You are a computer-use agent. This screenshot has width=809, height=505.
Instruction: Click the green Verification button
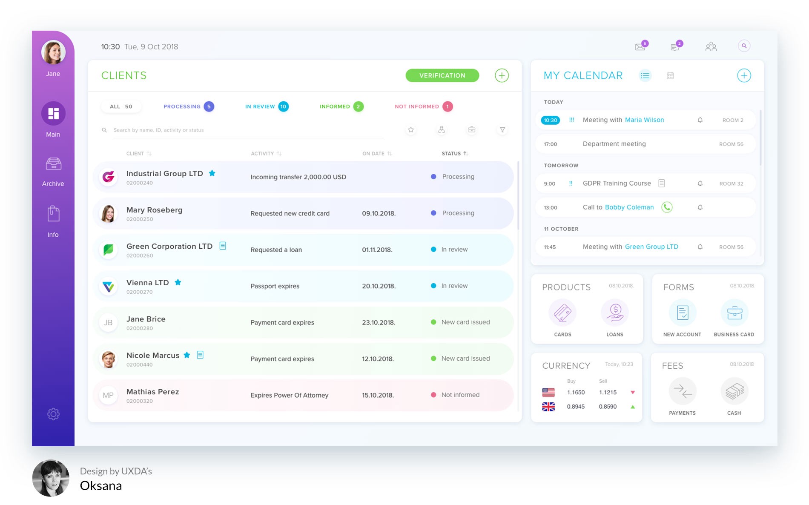pos(442,75)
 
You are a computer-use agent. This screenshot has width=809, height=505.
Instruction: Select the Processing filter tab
pos(182,106)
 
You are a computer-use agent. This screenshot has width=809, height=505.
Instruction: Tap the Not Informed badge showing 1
pos(447,106)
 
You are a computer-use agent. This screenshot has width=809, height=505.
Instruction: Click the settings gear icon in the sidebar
pos(53,414)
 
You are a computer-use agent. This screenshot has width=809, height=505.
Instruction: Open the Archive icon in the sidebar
pos(53,164)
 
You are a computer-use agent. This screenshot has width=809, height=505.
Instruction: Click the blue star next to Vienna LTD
pos(178,282)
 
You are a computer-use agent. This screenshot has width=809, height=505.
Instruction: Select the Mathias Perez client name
pos(152,392)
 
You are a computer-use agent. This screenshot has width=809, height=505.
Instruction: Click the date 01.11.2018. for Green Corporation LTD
pos(377,250)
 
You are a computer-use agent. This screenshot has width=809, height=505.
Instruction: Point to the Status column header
pos(451,154)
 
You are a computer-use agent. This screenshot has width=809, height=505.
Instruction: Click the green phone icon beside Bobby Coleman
pos(667,207)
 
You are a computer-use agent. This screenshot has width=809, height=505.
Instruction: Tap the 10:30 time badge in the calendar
pos(551,120)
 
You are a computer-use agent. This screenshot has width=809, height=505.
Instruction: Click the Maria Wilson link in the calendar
pos(644,120)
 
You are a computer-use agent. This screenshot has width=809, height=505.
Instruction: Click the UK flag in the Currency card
pos(548,407)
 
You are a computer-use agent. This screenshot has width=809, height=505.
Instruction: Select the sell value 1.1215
pos(608,393)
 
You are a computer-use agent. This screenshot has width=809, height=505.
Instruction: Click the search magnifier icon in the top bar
pos(744,46)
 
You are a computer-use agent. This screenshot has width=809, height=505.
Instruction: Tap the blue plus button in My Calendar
pos(744,76)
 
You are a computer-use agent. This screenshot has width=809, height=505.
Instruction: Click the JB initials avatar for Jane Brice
pos(108,323)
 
